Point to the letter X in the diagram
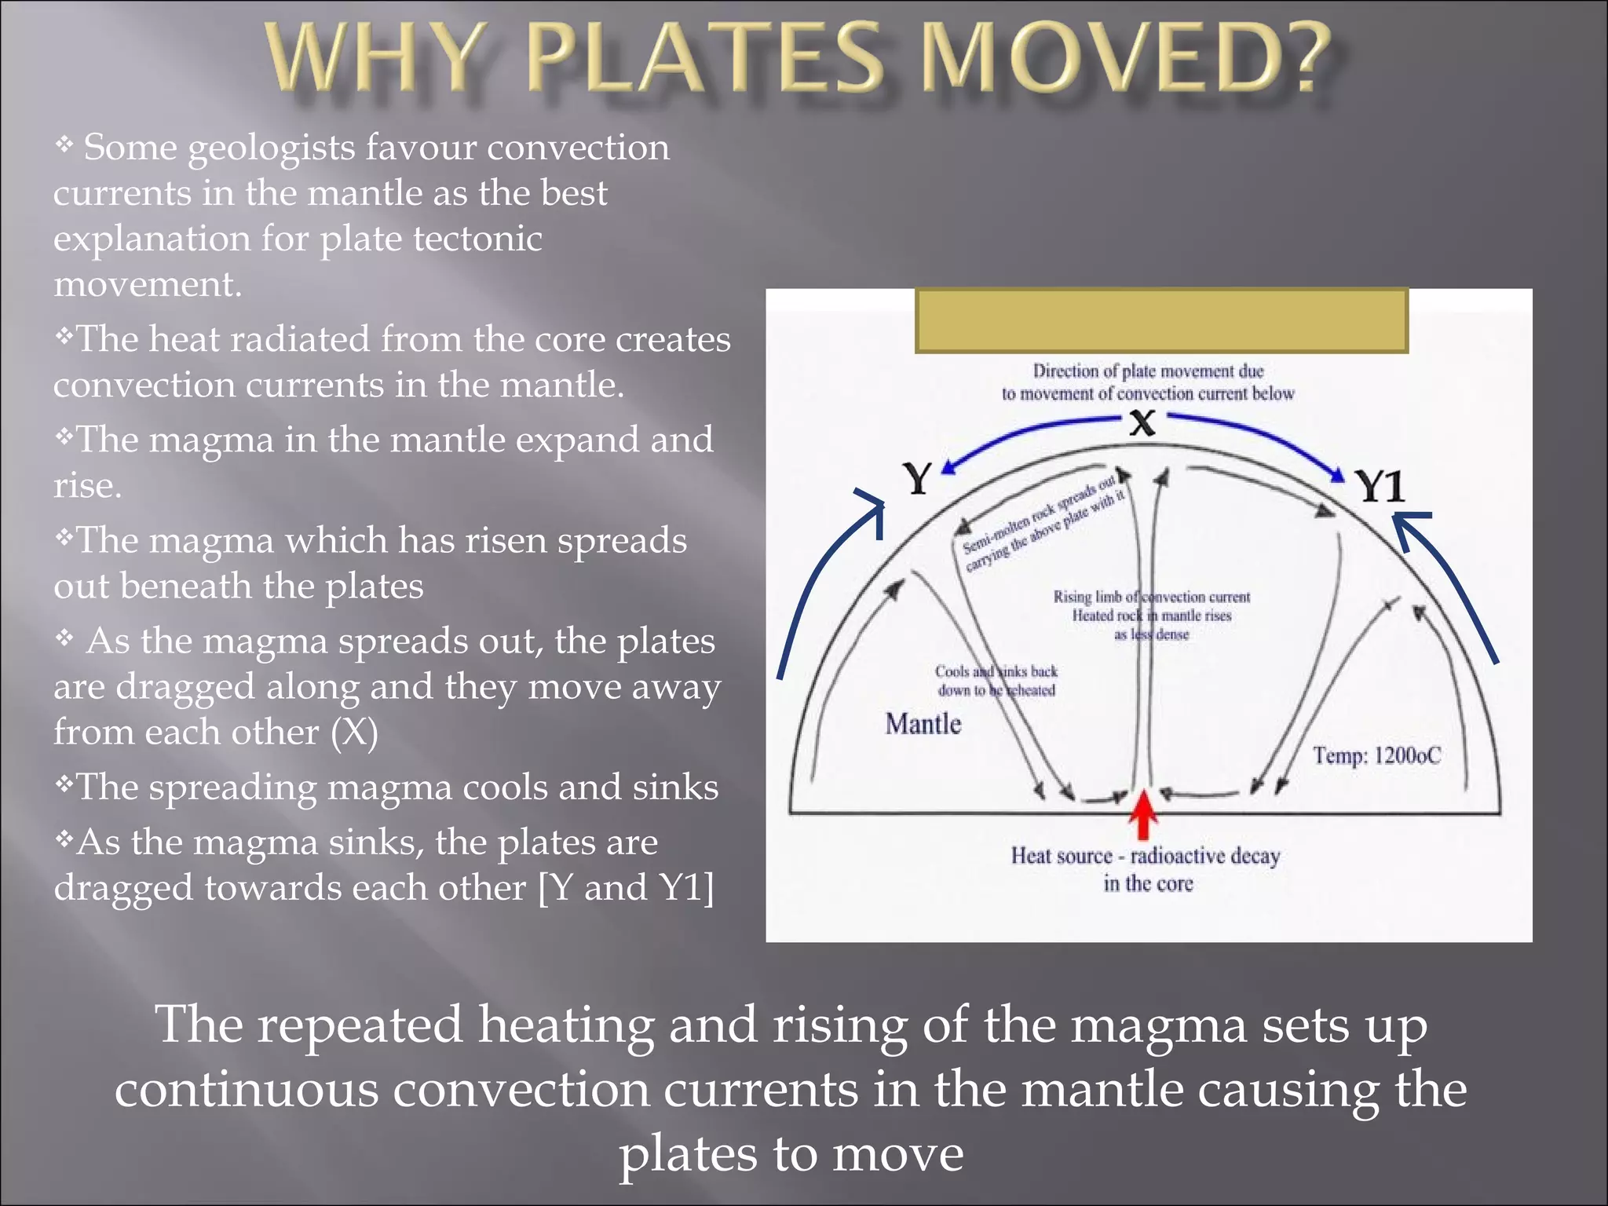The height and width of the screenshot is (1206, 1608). [1142, 423]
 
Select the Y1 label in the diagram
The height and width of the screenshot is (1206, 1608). [1380, 486]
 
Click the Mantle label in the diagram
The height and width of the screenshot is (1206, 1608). [923, 723]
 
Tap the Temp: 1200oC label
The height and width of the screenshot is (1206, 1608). [1377, 755]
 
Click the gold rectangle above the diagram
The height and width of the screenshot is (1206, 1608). [1161, 320]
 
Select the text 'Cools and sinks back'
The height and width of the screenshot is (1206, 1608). [996, 671]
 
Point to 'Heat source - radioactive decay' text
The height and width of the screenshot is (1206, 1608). [1145, 855]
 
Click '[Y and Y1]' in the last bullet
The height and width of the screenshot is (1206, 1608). [626, 888]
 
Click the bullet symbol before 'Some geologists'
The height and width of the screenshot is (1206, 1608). [64, 144]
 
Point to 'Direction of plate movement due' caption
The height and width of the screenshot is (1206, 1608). [1147, 371]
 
